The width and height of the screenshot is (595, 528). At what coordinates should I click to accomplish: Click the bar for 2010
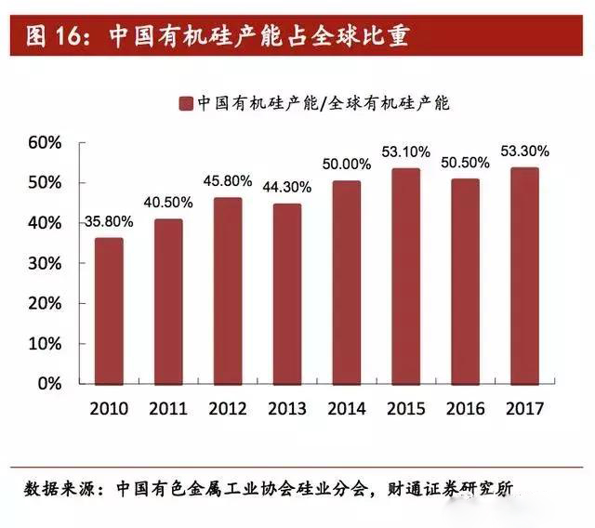tap(108, 310)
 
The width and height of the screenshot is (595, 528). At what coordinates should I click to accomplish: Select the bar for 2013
tap(287, 293)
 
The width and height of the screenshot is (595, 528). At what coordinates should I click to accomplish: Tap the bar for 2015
tap(405, 275)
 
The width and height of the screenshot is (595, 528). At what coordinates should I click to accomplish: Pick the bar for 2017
tap(525, 274)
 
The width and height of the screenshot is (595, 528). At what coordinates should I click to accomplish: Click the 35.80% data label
tap(109, 222)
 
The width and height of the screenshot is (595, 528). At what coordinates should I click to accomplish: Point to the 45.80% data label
tap(229, 181)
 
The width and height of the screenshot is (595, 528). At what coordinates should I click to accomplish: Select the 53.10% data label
tap(405, 152)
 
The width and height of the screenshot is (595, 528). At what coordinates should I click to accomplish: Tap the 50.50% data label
tap(466, 163)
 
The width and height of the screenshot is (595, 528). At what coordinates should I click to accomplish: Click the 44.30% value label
tap(288, 187)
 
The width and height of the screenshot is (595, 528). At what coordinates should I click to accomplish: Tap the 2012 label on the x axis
tap(228, 408)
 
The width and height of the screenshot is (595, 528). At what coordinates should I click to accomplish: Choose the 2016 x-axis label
tap(466, 408)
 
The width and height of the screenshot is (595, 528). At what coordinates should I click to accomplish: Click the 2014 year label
tap(347, 408)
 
